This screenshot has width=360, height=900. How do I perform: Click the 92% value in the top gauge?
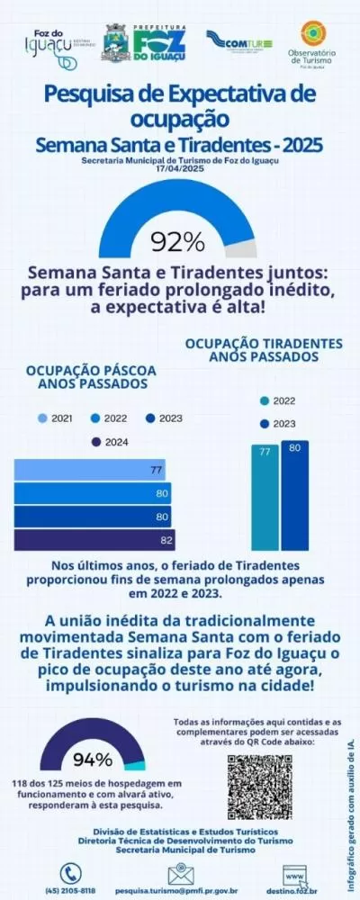click(x=178, y=242)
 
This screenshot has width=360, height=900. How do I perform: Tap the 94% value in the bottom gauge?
click(x=93, y=758)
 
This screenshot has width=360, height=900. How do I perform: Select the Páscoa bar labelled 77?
click(x=90, y=470)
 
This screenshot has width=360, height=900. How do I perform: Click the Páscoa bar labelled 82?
click(x=94, y=540)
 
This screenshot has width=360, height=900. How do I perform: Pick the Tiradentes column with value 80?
click(x=293, y=494)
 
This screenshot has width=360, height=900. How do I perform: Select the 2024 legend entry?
click(x=109, y=442)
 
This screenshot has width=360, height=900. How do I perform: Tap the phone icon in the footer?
click(x=71, y=873)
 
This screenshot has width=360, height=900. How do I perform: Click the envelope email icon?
click(x=181, y=873)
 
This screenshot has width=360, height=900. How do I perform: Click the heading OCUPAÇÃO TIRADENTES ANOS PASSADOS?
click(x=264, y=350)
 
